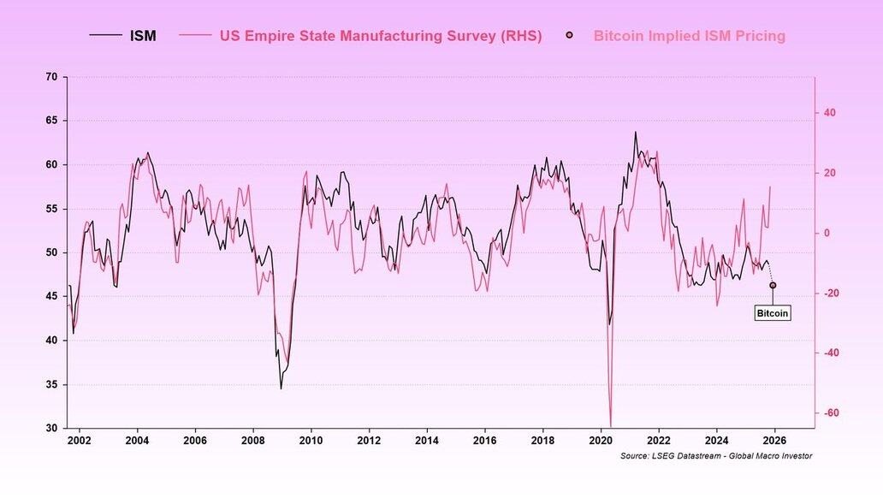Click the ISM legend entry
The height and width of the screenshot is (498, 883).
(143, 36)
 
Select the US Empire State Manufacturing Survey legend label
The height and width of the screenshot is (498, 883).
(381, 36)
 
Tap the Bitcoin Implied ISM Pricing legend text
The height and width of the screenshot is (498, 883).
(689, 36)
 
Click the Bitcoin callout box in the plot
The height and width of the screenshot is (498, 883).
(772, 313)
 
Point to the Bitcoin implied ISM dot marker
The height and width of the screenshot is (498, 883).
(773, 285)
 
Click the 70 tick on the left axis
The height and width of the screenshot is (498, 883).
(51, 77)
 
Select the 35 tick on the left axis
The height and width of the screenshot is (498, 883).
(51, 384)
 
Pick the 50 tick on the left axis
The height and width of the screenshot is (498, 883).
(51, 252)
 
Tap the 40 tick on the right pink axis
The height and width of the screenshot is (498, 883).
(829, 113)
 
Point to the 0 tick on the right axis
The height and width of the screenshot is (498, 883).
(827, 233)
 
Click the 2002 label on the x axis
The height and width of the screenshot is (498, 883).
(80, 441)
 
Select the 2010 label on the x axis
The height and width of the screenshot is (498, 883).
(311, 441)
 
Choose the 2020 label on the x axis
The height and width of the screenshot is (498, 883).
(601, 441)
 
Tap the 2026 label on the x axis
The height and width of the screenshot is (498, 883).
(774, 441)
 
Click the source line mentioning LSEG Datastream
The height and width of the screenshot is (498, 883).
(716, 456)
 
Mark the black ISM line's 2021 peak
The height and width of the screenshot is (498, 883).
(635, 132)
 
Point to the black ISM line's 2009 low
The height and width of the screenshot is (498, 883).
(281, 388)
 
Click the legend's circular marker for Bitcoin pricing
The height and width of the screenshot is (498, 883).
(569, 36)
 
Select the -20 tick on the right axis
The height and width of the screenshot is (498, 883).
(829, 293)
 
